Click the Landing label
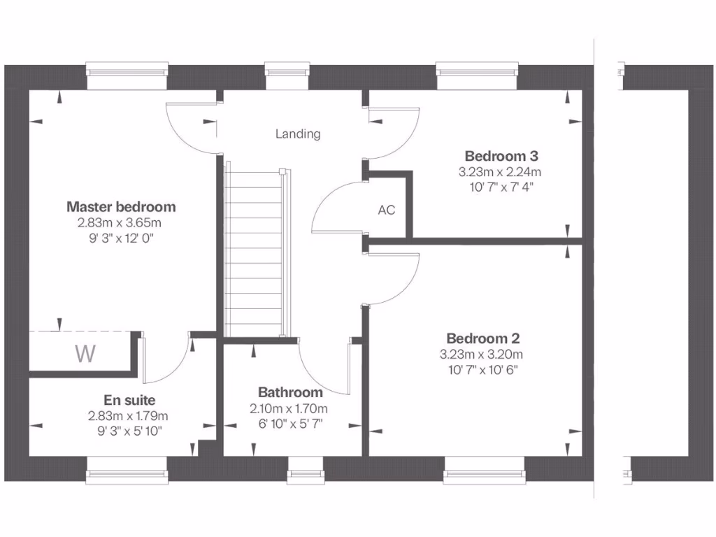(298, 134)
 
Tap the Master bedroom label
(121, 207)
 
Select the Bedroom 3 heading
(501, 155)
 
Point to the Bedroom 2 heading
(483, 338)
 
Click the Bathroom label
(290, 392)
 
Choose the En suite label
(129, 400)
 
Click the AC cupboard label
(387, 210)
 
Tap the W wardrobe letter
(85, 354)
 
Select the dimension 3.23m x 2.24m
(501, 171)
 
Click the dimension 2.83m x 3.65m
(120, 223)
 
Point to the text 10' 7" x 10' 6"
(483, 370)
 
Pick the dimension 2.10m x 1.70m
(289, 408)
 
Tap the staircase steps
(254, 252)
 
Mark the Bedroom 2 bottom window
(484, 470)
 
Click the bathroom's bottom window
(306, 470)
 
